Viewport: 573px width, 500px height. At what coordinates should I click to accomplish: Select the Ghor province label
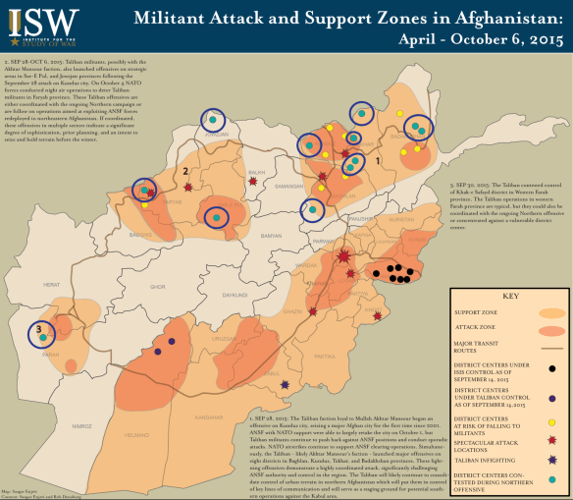click(158, 286)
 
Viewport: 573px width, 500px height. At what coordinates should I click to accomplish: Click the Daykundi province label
click(232, 294)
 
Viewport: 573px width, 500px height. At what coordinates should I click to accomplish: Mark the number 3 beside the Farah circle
click(38, 328)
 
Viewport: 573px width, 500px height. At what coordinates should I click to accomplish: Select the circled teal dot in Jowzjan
click(212, 119)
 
